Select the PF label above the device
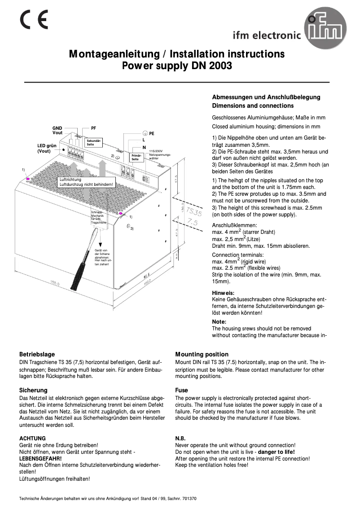pos(93,128)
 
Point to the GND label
pos(57,128)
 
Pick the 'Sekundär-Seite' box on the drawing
pos(94,142)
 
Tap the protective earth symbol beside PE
pos(145,133)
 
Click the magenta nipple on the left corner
pos(28,179)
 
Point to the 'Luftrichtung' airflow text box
pos(86,182)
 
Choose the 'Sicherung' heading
pos(33,390)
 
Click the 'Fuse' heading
pos(181,390)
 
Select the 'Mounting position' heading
pos(202,354)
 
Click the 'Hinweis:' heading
pos(223,293)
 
